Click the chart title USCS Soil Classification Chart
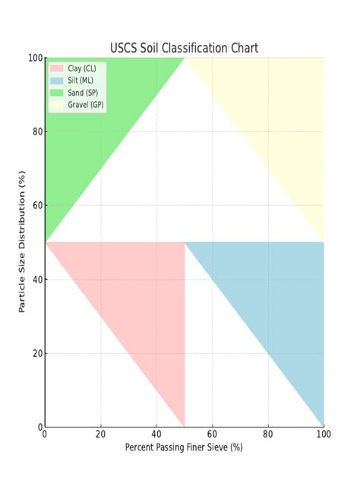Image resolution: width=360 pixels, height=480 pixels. (185, 48)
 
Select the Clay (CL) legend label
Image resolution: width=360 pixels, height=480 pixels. (82, 68)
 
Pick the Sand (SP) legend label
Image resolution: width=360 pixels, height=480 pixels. (82, 92)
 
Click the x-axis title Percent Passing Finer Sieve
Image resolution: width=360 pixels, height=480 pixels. (185, 447)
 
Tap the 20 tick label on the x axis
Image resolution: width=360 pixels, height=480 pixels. (100, 434)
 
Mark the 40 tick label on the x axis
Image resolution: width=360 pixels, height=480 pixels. (156, 434)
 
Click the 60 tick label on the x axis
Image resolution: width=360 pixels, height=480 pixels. (212, 434)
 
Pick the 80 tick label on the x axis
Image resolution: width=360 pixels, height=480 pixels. (268, 434)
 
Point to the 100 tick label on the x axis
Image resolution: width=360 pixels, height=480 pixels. (324, 434)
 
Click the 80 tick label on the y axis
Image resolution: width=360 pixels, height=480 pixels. (36, 131)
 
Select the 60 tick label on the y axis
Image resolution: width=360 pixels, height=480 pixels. (36, 205)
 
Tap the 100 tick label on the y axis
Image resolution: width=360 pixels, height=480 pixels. (33, 58)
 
